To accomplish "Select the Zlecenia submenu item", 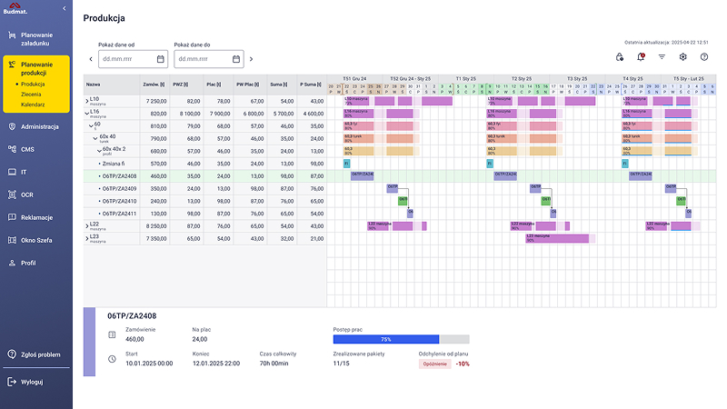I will point(33,95).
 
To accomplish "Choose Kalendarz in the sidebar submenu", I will point(34,105).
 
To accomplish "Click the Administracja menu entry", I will point(39,126).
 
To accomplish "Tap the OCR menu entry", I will point(27,195).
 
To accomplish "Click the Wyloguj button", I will point(31,382).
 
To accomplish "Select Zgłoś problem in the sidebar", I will point(41,354).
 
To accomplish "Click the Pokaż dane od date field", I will point(133,59).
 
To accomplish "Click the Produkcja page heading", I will point(104,18).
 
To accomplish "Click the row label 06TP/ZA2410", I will point(120,201).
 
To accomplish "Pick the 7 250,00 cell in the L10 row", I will point(155,101).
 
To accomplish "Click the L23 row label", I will point(95,237).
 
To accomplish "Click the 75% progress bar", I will point(385,339).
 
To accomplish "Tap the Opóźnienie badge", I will point(433,363).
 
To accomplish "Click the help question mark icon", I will point(703,57).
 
